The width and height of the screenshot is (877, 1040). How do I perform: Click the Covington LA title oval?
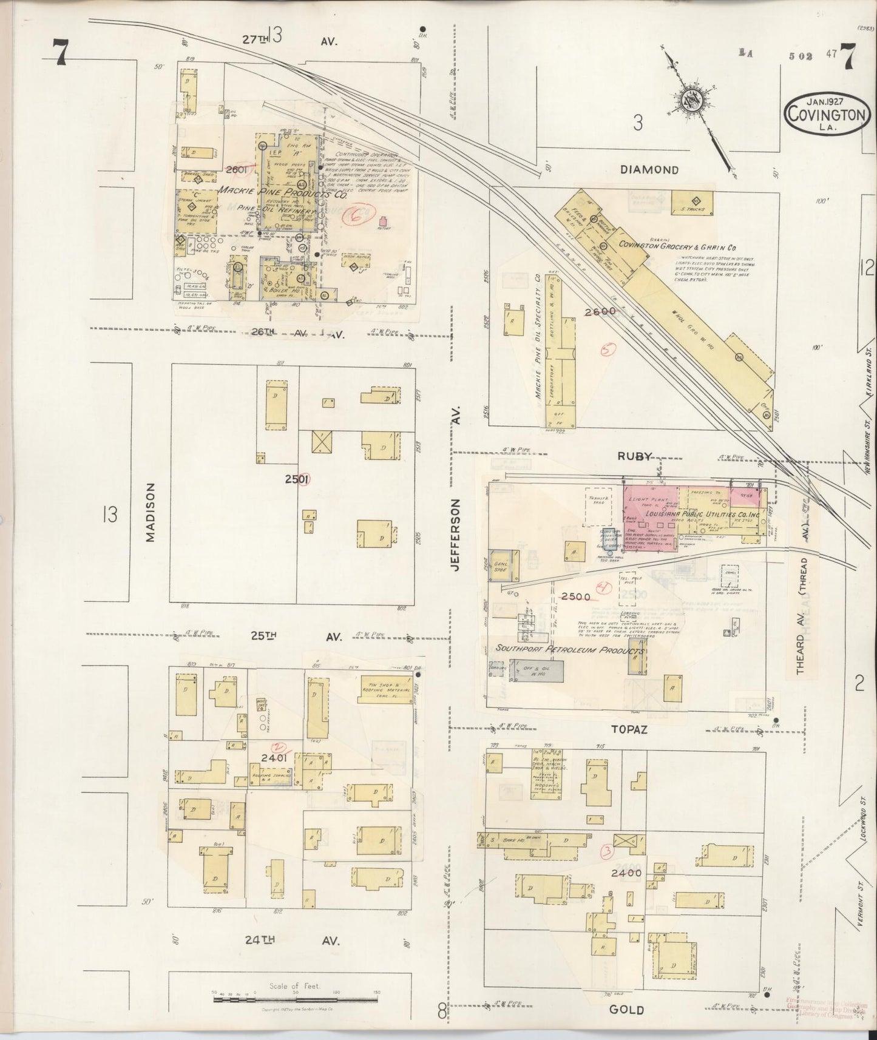click(x=825, y=113)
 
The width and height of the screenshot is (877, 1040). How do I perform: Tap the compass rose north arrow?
click(x=692, y=100)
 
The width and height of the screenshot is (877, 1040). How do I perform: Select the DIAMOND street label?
click(x=649, y=170)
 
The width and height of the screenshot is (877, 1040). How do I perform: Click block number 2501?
click(x=297, y=479)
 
